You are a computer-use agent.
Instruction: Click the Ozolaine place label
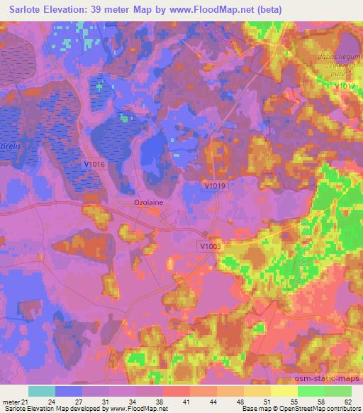tap(149, 202)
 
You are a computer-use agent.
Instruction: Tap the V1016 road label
tap(94, 164)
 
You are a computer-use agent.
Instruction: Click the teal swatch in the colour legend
tap(42, 391)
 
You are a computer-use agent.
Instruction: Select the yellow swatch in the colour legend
tap(284, 391)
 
